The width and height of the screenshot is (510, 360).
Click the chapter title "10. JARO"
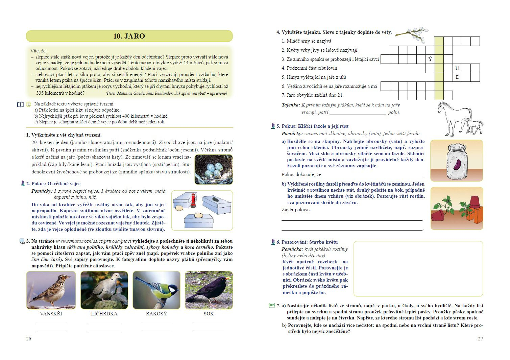click(129, 36)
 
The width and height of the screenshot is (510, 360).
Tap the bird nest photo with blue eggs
click(213, 169)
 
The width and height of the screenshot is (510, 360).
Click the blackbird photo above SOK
click(209, 290)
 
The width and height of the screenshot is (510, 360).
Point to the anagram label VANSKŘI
click(51, 314)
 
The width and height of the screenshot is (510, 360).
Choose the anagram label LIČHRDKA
click(104, 314)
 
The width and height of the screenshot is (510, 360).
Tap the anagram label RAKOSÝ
click(156, 314)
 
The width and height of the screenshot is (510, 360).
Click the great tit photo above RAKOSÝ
click(156, 290)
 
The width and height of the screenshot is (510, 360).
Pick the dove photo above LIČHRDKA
click(104, 290)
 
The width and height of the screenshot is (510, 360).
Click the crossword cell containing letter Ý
click(430, 59)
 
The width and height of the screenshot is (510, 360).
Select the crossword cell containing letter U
click(457, 68)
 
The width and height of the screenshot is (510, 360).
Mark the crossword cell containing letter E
click(457, 77)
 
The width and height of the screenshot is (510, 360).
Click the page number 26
click(29, 339)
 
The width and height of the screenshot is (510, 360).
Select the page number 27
click(480, 339)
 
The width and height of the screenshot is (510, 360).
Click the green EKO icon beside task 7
click(272, 305)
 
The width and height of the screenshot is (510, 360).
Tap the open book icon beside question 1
click(20, 105)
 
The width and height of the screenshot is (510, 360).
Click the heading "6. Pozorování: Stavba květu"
click(307, 242)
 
